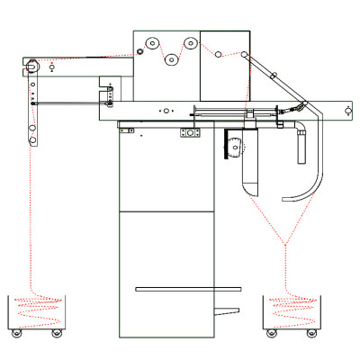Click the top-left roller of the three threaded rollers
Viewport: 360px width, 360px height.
coord(153,43)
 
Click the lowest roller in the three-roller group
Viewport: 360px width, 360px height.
coord(171,60)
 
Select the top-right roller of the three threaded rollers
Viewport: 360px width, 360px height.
coord(190,43)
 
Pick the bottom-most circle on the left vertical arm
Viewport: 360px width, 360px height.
coord(37,138)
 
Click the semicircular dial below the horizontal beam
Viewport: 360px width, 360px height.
coord(235,147)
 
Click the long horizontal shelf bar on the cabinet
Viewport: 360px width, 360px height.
coord(188,289)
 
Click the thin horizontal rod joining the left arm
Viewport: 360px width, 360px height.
coord(67,103)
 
